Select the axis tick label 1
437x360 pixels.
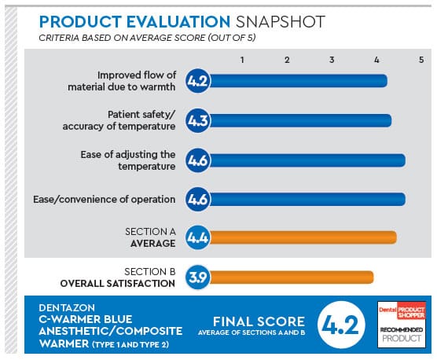[243, 60]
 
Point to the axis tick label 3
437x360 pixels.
[332, 60]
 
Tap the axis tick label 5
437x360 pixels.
[421, 60]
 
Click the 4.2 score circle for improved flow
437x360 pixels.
[197, 80]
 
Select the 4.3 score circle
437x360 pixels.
[197, 120]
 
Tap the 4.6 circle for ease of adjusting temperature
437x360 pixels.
[197, 160]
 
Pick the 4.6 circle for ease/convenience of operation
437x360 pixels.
[197, 200]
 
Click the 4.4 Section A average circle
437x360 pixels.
[197, 237]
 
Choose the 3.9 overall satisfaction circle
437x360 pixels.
[197, 277]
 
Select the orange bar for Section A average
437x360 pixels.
[302, 237]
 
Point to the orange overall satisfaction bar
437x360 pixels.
[290, 277]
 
